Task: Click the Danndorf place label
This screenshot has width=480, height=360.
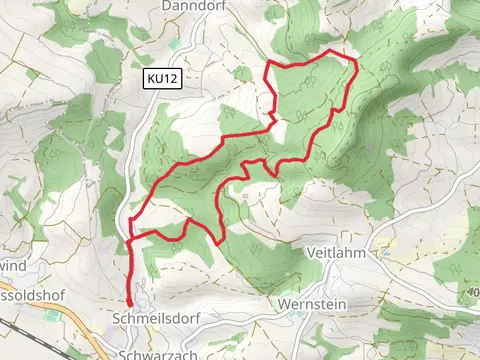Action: coord(186,5)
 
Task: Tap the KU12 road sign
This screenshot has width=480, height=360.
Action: coord(163,77)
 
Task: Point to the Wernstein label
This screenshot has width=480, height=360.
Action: coord(307,301)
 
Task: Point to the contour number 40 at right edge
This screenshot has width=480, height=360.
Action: coord(472,292)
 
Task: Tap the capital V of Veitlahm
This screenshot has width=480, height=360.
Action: coord(312,252)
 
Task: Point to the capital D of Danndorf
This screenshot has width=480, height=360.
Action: coord(165,5)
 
